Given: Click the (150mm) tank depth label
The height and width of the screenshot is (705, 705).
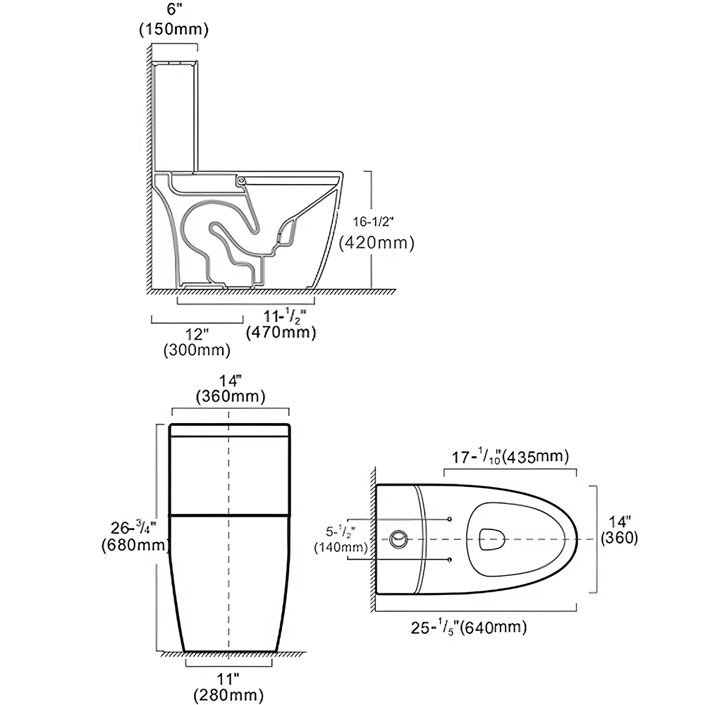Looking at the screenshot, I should [x=173, y=30].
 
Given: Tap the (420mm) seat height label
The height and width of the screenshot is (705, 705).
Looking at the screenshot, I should [x=376, y=243].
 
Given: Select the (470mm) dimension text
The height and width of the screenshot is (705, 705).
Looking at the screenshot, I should [x=281, y=332].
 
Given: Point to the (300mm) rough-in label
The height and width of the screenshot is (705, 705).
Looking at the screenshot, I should [x=197, y=349].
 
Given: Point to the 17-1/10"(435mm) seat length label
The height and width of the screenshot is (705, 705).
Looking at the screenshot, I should [x=510, y=457].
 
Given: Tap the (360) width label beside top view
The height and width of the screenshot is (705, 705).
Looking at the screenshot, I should [x=619, y=537].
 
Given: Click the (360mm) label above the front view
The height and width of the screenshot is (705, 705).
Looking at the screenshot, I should [x=230, y=397].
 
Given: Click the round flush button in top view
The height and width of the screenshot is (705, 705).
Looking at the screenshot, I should [x=398, y=540].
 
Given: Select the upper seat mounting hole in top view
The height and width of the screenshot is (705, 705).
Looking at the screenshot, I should [x=449, y=520].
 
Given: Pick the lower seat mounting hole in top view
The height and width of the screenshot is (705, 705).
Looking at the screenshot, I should [x=449, y=560].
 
